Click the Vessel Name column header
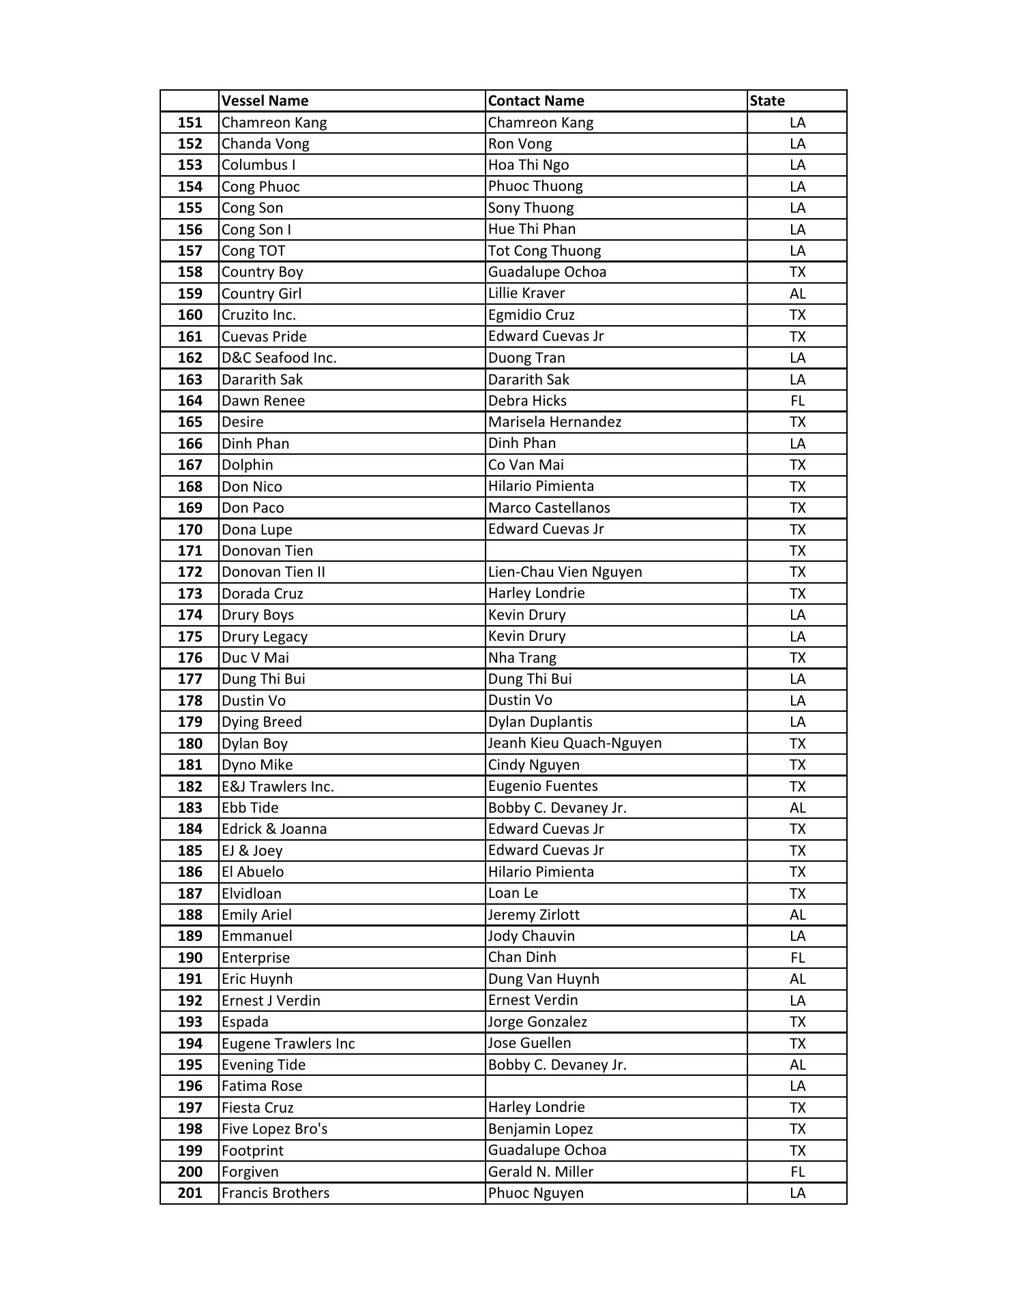[265, 101]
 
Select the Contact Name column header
[536, 101]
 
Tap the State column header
[767, 101]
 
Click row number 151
[190, 123]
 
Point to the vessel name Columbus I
[258, 165]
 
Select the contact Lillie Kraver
[526, 293]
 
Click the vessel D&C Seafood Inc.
[279, 358]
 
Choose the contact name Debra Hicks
[527, 401]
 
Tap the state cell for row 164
[797, 401]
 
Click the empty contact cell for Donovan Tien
[616, 551]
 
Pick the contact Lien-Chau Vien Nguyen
[565, 572]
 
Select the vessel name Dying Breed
[261, 722]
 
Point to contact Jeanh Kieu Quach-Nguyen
[575, 743]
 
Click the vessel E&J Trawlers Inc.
[278, 787]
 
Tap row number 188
[190, 915]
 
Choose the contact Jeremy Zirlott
[533, 915]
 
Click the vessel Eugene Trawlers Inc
[288, 1044]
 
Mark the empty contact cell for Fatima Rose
[616, 1086]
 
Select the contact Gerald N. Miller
[541, 1172]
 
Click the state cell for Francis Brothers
[797, 1193]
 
